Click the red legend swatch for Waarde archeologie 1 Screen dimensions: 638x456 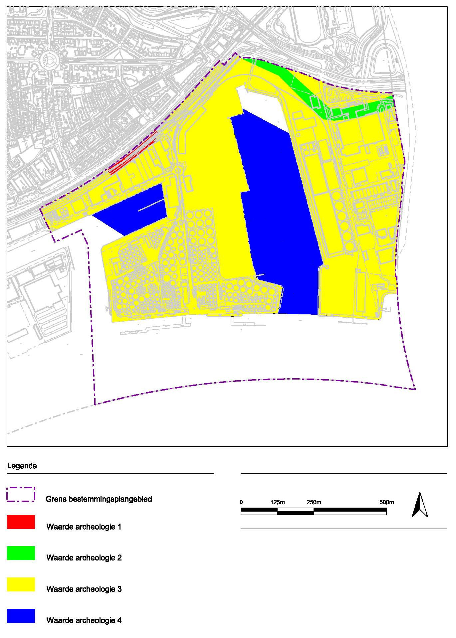click(x=21, y=522)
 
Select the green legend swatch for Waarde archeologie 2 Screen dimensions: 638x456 click(x=21, y=553)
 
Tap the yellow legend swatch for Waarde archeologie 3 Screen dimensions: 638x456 click(x=21, y=584)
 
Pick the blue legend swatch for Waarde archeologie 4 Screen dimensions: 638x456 click(x=21, y=616)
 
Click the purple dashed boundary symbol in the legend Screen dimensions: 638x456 click(x=21, y=494)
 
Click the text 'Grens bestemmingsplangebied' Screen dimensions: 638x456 click(x=99, y=499)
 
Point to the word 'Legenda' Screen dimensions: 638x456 click(x=22, y=466)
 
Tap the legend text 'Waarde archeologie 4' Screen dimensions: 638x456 click(x=84, y=620)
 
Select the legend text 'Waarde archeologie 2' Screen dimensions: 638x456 click(x=84, y=558)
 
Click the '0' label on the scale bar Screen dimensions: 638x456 click(x=241, y=502)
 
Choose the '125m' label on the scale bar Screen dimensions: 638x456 click(x=278, y=502)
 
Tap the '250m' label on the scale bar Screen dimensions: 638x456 click(x=314, y=502)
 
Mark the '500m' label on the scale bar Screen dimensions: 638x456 click(x=386, y=502)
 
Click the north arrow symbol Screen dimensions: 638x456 click(x=420, y=505)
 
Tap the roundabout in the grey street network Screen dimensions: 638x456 click(x=49, y=60)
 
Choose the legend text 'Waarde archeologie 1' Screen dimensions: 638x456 click(x=84, y=527)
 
